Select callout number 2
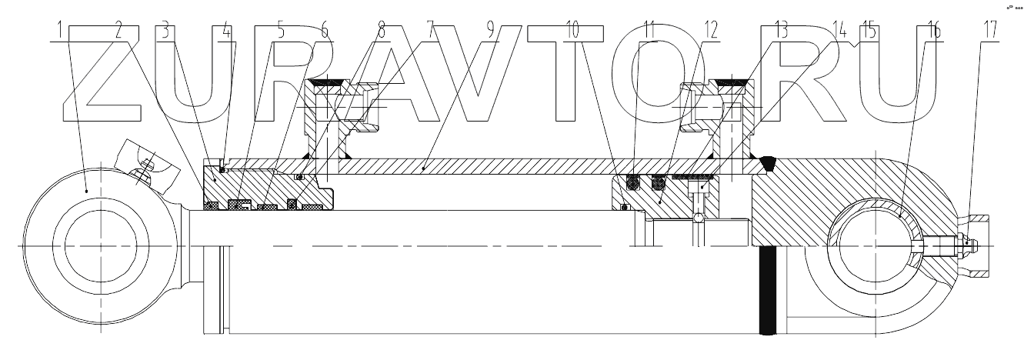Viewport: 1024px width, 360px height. coord(118,31)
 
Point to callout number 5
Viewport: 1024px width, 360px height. coord(281,31)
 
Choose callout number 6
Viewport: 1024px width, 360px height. coord(325,31)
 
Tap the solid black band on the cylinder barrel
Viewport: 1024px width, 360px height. coord(767,292)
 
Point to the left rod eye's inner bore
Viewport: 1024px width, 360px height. coord(101,245)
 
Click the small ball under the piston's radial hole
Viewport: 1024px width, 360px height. coord(699,219)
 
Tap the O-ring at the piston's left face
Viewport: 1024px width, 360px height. coord(624,206)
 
